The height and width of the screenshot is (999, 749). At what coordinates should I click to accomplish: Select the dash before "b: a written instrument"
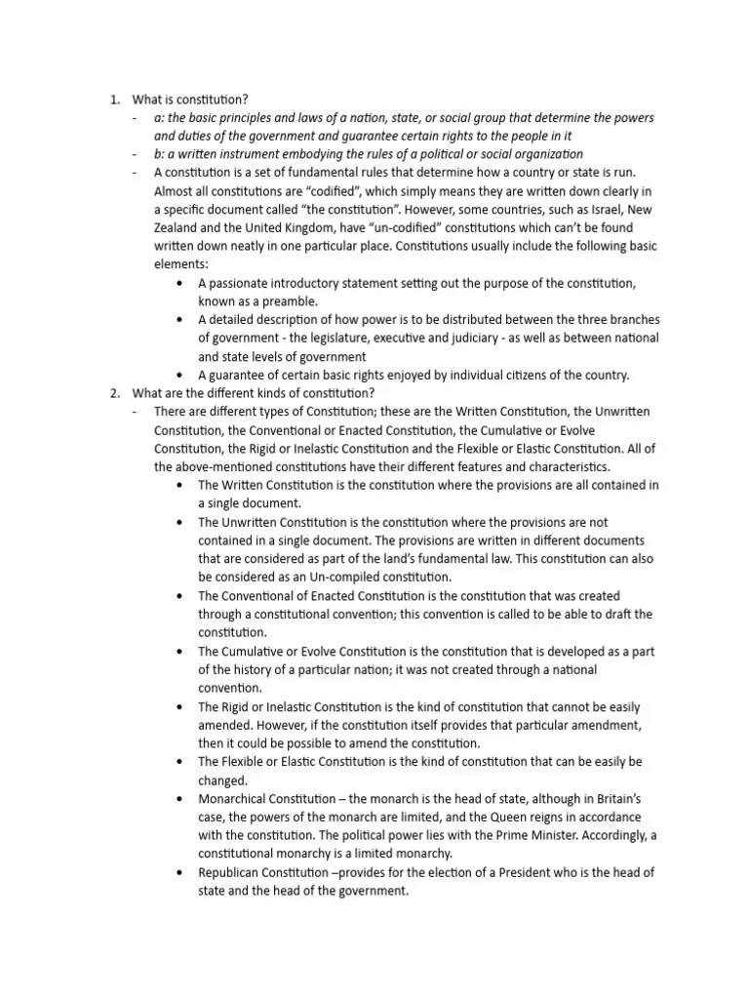[x=135, y=154]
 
